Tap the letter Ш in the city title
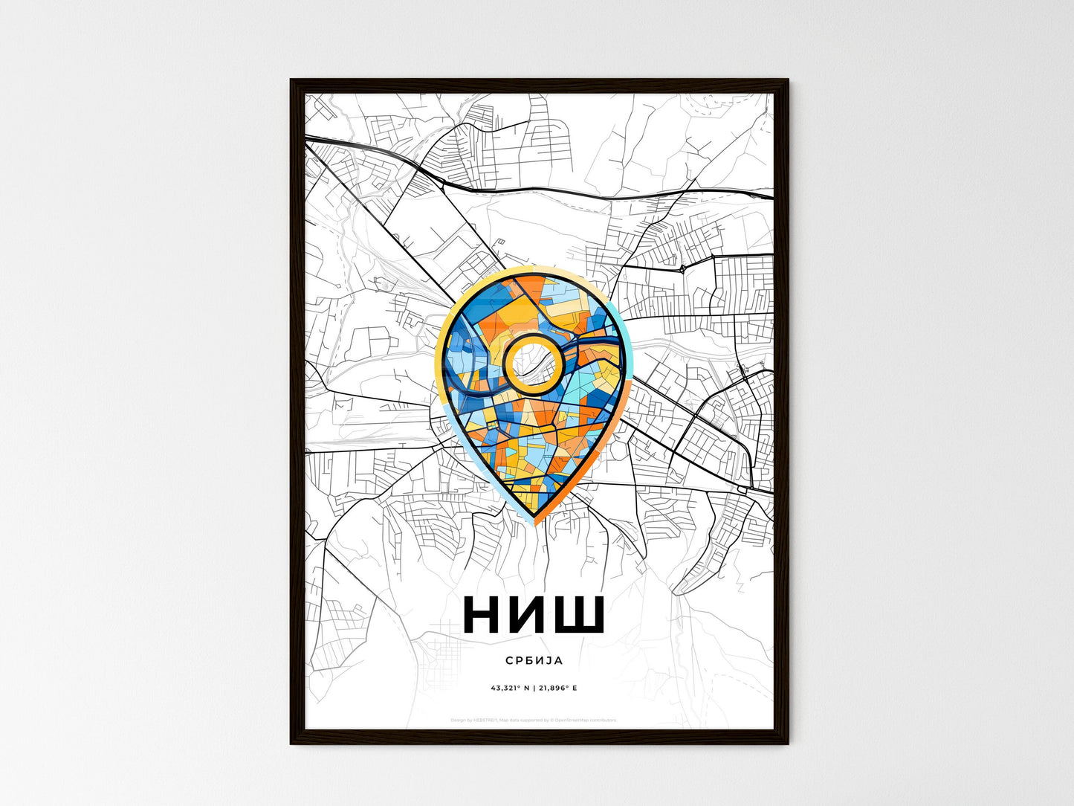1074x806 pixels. (577, 615)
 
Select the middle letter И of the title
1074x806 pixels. (529, 615)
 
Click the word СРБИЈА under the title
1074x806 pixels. (533, 660)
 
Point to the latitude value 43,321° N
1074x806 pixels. (509, 688)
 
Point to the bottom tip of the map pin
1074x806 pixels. (534, 522)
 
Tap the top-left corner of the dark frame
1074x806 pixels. (292, 80)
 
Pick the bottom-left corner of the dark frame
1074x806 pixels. (292, 742)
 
